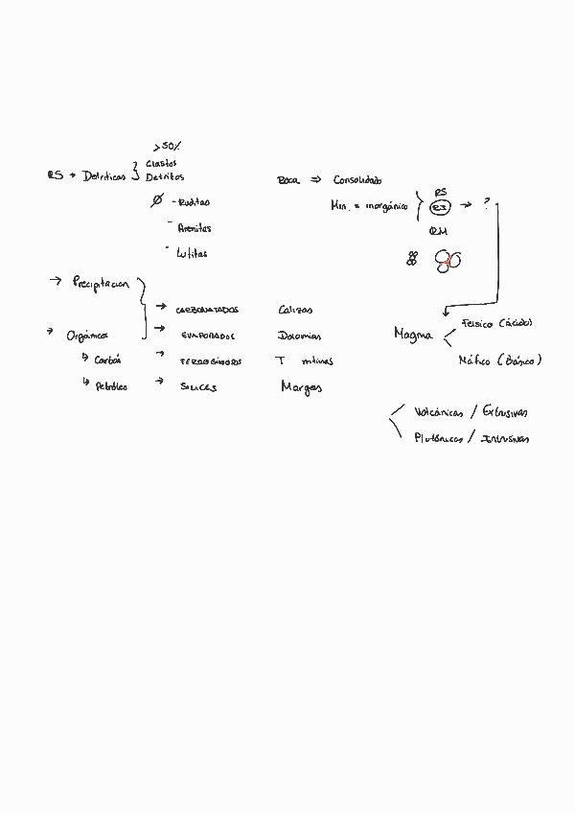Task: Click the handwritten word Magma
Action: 413,335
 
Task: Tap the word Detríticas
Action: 104,176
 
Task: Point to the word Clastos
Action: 161,163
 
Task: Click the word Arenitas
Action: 194,228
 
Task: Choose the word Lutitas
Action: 192,254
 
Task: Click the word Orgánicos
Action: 87,336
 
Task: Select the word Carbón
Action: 108,360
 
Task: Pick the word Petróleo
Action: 111,386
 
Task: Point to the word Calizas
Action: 295,310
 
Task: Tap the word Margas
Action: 301,387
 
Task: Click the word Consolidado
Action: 357,180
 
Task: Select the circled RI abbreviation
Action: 440,207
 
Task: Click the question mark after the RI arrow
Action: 486,204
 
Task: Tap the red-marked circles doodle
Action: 448,260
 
